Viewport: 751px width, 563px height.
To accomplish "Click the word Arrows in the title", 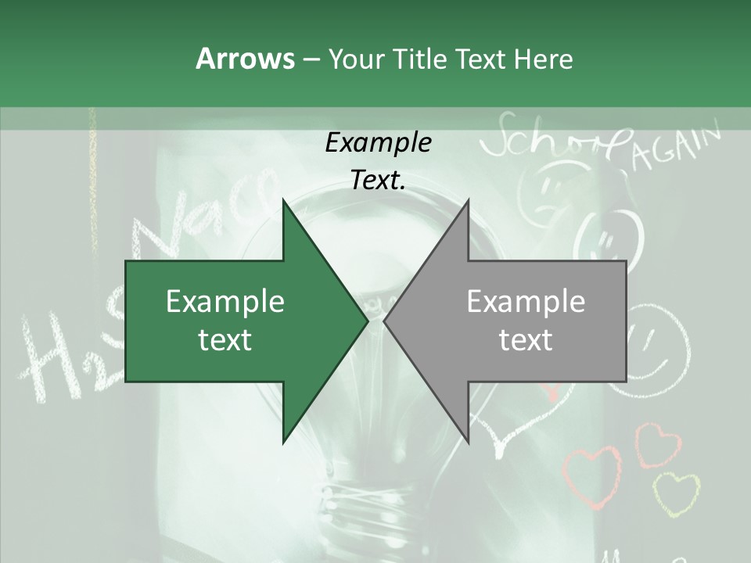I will (x=244, y=59).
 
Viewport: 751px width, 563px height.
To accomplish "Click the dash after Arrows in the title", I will (x=310, y=59).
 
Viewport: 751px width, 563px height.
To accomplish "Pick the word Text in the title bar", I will (x=481, y=59).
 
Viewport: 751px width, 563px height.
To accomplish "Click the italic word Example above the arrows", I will (x=378, y=143).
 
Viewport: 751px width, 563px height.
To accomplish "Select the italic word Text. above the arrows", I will (x=378, y=180).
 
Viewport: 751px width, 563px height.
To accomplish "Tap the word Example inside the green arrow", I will (x=225, y=302).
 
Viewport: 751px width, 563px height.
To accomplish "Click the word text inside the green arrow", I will (x=225, y=340).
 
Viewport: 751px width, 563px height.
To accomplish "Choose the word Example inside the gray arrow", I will (x=526, y=302).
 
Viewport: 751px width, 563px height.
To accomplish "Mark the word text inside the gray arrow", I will (x=526, y=340).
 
